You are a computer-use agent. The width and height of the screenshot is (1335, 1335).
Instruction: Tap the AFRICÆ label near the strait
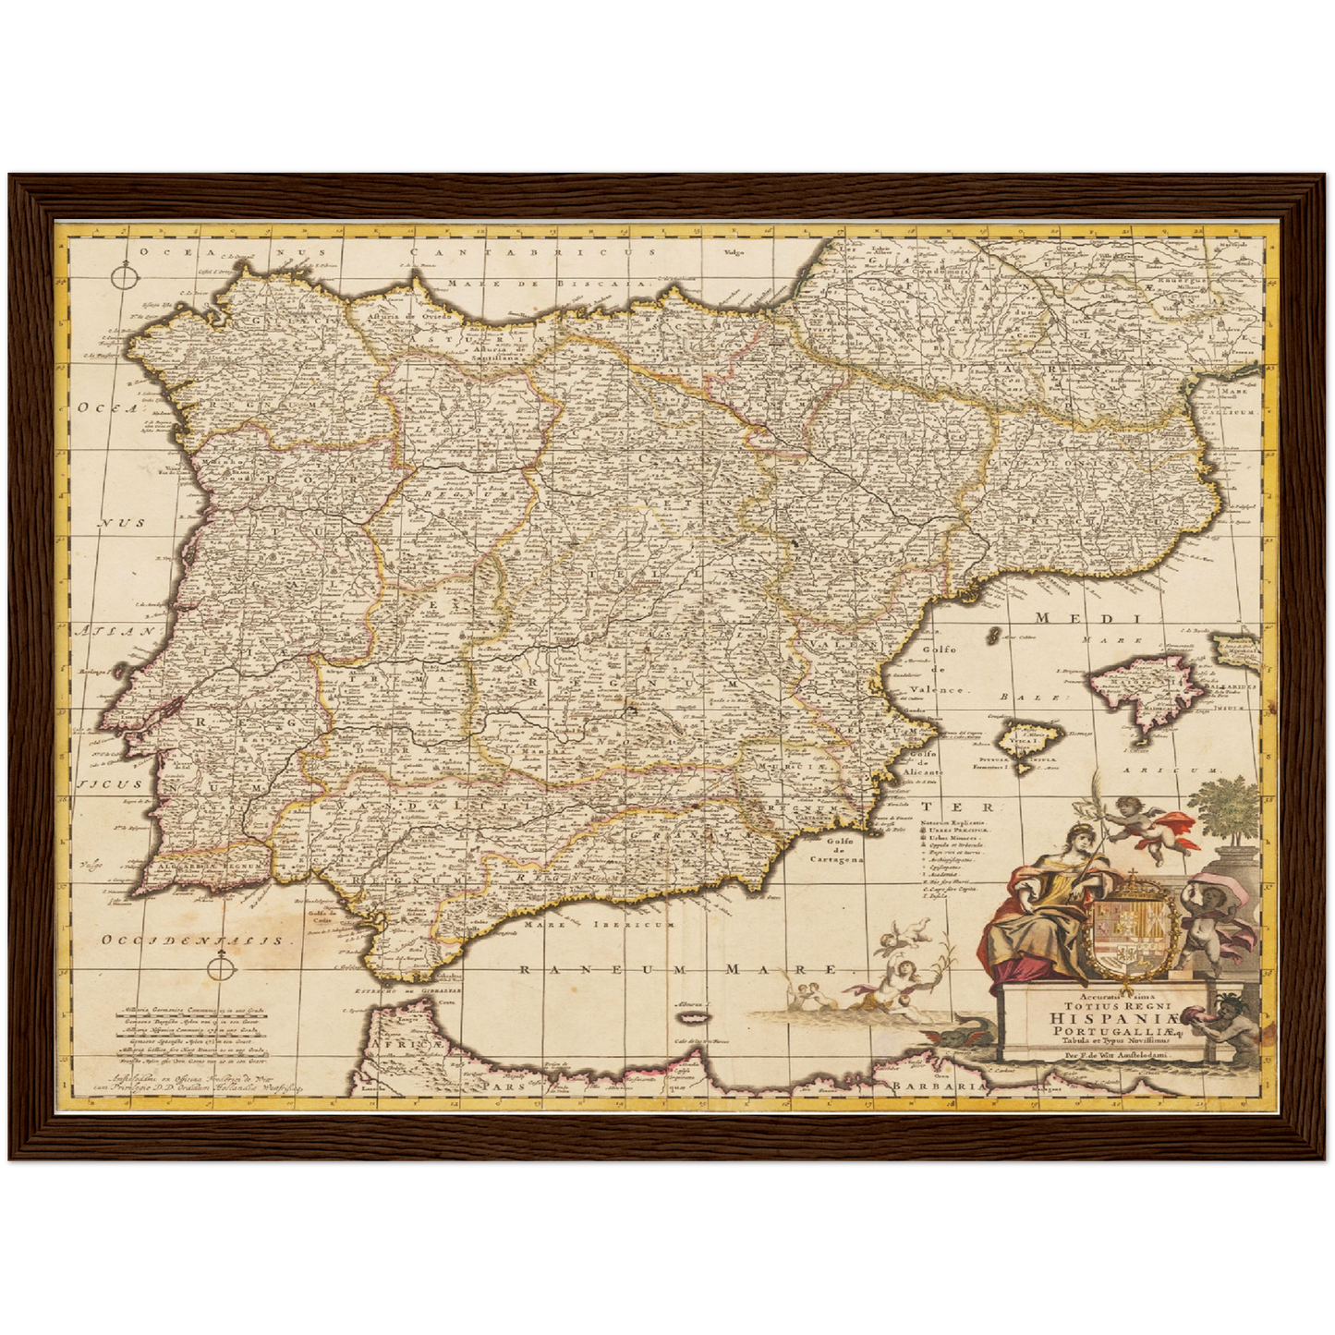tap(407, 1045)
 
